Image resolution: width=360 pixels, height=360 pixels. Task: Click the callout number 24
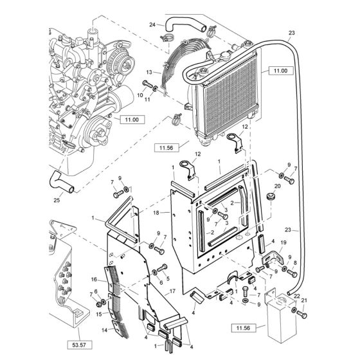pyautogui.click(x=152, y=25)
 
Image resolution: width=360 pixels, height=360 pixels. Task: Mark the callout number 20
pyautogui.click(x=278, y=187)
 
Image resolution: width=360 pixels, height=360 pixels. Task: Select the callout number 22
pyautogui.click(x=296, y=295)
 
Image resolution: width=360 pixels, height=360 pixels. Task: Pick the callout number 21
pyautogui.click(x=305, y=301)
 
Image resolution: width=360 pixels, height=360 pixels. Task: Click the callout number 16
pyautogui.click(x=94, y=280)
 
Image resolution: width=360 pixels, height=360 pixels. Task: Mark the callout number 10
pyautogui.click(x=140, y=93)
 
